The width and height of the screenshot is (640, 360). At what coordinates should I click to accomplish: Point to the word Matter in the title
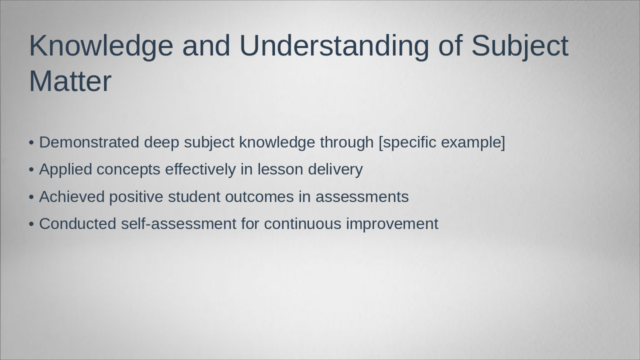(70, 81)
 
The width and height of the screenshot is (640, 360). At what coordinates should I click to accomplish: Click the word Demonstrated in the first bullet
(89, 142)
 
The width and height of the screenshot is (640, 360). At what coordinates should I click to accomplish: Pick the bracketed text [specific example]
(442, 142)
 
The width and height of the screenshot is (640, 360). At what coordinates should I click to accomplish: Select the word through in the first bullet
(347, 142)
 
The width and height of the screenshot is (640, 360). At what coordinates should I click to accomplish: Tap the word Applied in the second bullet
(65, 169)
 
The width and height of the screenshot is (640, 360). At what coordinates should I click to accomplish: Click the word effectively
(200, 169)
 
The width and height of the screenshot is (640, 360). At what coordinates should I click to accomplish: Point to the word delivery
(335, 169)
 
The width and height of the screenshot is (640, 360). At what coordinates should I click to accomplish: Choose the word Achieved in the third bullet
(72, 196)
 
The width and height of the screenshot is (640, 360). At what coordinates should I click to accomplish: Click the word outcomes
(259, 197)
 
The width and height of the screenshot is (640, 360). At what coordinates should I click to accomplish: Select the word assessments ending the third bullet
(362, 197)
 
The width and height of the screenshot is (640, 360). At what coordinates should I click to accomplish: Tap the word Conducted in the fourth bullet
(77, 223)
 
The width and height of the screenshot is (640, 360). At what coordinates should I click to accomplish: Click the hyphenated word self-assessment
(178, 223)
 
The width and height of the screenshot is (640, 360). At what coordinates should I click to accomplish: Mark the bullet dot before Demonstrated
(31, 142)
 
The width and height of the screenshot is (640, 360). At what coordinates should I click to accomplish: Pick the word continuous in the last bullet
(302, 224)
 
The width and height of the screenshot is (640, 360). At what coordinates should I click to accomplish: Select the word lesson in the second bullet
(280, 169)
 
